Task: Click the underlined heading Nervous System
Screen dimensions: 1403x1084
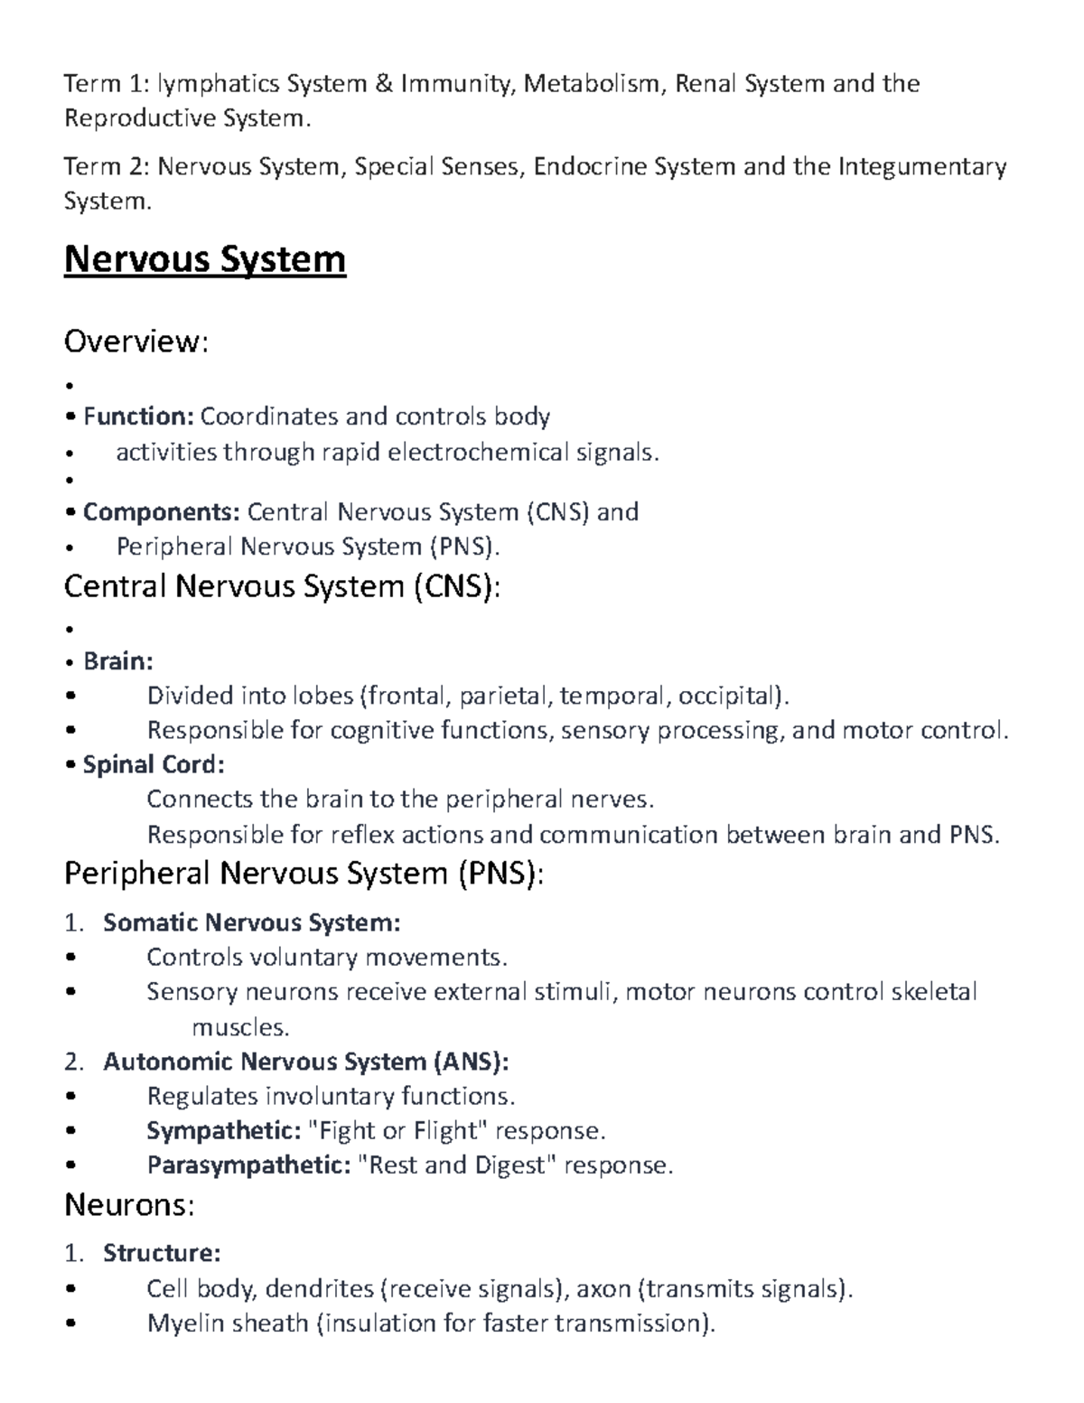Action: [x=205, y=260]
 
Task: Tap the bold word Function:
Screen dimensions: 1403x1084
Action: [x=138, y=416]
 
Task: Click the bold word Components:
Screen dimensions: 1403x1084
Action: [x=162, y=512]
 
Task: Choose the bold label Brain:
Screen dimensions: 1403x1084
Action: [x=118, y=661]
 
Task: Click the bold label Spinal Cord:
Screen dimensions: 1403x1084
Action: [x=154, y=764]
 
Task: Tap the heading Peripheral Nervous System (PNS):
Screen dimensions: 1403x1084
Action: [x=304, y=874]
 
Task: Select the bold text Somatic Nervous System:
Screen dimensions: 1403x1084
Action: [x=252, y=922]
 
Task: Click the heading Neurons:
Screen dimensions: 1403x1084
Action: [x=129, y=1205]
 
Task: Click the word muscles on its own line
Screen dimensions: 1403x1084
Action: [x=240, y=1027]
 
